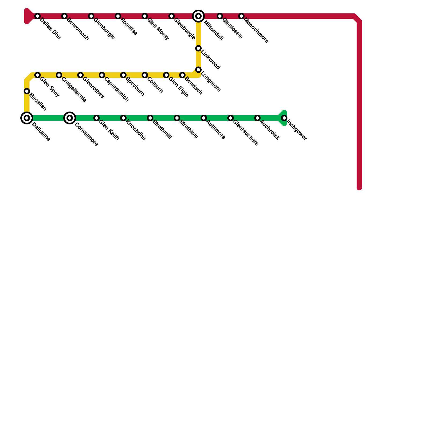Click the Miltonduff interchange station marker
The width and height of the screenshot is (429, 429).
click(198, 16)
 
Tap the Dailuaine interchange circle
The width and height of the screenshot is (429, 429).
click(27, 118)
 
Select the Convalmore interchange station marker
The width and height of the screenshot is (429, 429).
click(70, 118)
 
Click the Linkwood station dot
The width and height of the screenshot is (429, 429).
click(198, 48)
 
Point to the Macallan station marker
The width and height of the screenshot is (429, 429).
click(27, 91)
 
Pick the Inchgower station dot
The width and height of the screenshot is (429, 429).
click(284, 118)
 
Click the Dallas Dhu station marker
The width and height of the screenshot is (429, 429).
click(38, 16)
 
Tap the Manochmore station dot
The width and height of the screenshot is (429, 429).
click(241, 16)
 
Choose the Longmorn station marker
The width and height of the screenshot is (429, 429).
click(198, 70)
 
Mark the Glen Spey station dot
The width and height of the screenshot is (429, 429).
click(38, 75)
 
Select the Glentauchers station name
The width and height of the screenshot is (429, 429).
click(246, 133)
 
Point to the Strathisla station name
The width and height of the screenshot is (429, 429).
click(188, 130)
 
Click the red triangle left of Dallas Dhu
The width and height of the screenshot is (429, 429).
click(28, 16)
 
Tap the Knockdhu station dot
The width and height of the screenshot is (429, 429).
click(123, 118)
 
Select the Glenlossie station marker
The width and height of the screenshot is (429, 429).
click(220, 16)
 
